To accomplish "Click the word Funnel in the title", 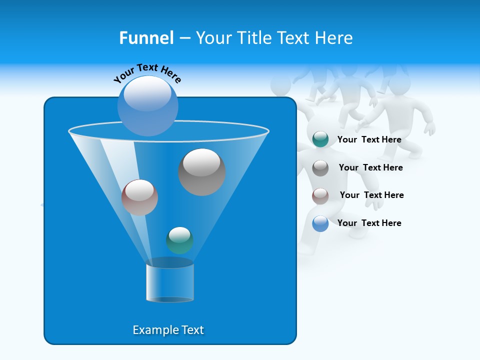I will point(146,38).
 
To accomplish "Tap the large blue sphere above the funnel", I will point(148,106).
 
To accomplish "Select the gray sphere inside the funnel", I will point(201,172).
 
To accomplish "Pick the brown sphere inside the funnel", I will point(139,197).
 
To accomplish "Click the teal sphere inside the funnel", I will point(179,240).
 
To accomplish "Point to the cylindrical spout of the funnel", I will point(169,282).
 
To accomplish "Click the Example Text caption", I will point(168,330).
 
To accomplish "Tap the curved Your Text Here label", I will point(147,72).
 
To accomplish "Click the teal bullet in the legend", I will point(320,139).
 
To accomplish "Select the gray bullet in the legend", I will point(320,168).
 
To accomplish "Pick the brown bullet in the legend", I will point(320,195).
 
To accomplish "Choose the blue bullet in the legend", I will point(320,223).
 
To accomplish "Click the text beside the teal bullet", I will point(369,139).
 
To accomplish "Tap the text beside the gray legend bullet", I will point(370,167).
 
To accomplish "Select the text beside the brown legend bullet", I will point(371,195).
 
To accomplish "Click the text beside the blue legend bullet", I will point(369,223).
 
